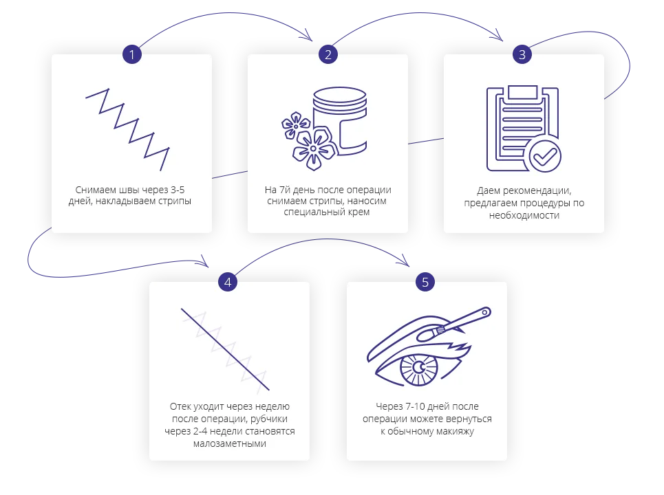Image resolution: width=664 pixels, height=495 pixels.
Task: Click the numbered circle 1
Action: pyautogui.click(x=132, y=54)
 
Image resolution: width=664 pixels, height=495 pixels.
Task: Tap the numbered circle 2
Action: pyautogui.click(x=328, y=54)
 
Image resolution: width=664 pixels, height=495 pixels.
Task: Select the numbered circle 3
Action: pyautogui.click(x=523, y=54)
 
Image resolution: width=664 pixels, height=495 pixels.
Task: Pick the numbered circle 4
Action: pyautogui.click(x=228, y=282)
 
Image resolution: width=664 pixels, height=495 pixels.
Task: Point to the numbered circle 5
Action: pyautogui.click(x=425, y=282)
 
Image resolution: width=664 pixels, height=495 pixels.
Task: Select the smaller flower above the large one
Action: pyautogui.click(x=296, y=124)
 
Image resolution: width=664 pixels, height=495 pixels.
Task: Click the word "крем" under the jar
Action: pyautogui.click(x=358, y=212)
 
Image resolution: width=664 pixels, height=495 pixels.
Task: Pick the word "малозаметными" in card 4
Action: pyautogui.click(x=229, y=443)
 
